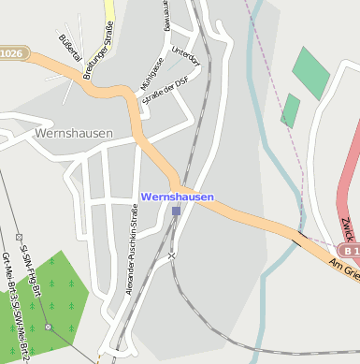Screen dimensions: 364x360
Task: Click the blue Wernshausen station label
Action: (x=177, y=197)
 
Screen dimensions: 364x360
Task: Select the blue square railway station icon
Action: (x=176, y=211)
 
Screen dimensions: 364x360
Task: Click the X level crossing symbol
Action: (x=171, y=255)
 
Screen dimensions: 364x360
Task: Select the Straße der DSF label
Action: (x=165, y=97)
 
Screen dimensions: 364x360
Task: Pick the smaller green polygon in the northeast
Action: (x=290, y=109)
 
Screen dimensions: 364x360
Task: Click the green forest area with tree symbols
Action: (x=51, y=290)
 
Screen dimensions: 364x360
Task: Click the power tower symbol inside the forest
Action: (x=48, y=328)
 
